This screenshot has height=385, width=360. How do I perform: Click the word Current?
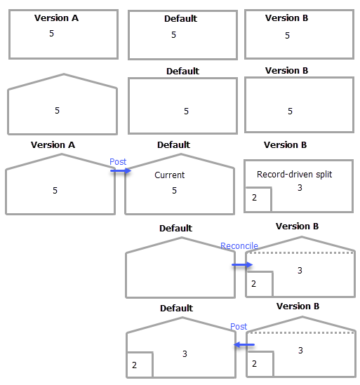point(170,175)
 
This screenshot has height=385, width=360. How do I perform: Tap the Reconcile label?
point(239,246)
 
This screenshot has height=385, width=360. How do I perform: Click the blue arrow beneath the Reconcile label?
point(242,264)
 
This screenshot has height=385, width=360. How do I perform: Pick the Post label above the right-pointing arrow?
point(118,162)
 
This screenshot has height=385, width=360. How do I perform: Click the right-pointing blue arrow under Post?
point(120,170)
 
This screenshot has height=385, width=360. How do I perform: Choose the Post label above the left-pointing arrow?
point(239,327)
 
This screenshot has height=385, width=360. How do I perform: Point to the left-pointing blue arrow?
point(244,344)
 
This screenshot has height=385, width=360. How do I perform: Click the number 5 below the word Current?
point(174,191)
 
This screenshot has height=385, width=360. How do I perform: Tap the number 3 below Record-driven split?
point(300,188)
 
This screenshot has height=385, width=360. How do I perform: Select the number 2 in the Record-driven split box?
point(254,198)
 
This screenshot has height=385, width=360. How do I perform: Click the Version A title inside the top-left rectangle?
point(56,18)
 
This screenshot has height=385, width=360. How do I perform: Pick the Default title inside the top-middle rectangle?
point(180,19)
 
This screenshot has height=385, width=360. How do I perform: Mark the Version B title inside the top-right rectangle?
point(286,18)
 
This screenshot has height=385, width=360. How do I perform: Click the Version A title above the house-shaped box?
point(53,145)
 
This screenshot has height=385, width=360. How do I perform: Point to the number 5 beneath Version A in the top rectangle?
point(51,33)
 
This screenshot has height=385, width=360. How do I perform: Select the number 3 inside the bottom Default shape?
point(185,354)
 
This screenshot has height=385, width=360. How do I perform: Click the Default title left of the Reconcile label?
point(175,229)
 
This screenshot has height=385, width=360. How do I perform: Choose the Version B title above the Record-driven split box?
point(285,145)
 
